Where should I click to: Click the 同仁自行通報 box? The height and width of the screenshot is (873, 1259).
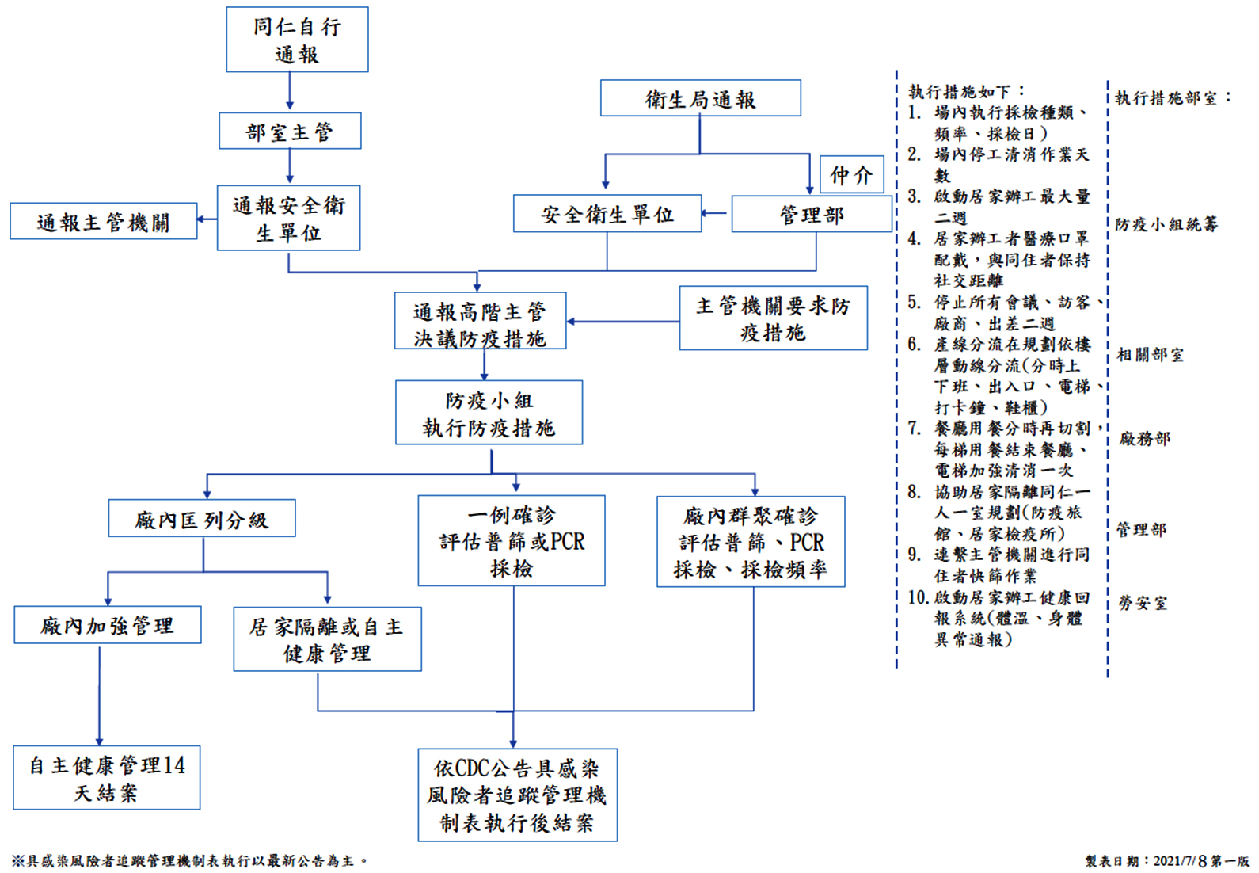(297, 40)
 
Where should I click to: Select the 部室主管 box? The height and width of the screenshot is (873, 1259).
(290, 132)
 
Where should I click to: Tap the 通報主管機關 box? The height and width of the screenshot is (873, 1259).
(103, 221)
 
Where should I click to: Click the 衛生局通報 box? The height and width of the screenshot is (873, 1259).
(700, 99)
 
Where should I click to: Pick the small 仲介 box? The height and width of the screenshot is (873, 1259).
(851, 174)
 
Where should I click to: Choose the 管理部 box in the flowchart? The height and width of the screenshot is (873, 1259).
(812, 214)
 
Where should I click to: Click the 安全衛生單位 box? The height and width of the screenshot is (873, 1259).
(607, 214)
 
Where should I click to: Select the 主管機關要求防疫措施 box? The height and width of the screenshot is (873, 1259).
(773, 318)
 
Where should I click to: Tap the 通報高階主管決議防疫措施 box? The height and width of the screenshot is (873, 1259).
(480, 322)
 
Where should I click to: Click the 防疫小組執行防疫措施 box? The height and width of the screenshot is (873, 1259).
(489, 413)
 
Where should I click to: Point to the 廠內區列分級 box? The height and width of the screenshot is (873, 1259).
(202, 519)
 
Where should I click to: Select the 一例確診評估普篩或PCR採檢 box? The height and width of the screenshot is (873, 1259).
(512, 541)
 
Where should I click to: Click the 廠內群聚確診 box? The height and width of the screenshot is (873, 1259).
(751, 542)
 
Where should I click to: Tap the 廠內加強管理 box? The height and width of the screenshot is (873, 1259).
(108, 625)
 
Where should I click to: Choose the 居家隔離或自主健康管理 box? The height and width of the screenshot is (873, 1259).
(327, 639)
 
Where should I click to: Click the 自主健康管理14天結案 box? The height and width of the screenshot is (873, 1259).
(106, 778)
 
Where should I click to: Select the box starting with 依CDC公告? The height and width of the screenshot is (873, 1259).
(517, 795)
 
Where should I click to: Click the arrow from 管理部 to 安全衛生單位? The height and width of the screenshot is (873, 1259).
(716, 213)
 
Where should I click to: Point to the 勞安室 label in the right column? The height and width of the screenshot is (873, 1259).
(1142, 603)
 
